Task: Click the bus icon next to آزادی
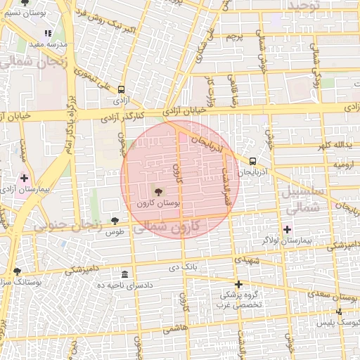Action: pyautogui.click(x=122, y=90)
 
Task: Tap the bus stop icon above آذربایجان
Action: pyautogui.click(x=252, y=160)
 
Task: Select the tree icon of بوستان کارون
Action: pyautogui.click(x=157, y=191)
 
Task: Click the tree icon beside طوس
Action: pyautogui.click(x=115, y=221)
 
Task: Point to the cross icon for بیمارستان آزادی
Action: pyautogui.click(x=25, y=179)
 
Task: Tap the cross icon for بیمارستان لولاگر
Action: pyautogui.click(x=287, y=229)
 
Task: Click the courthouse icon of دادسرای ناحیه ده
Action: pyautogui.click(x=125, y=274)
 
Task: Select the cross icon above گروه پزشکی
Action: pyautogui.click(x=239, y=284)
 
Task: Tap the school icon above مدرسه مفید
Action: pyautogui.click(x=48, y=33)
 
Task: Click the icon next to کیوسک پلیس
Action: pyautogui.click(x=340, y=311)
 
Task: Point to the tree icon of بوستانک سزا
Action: pyautogui.click(x=16, y=271)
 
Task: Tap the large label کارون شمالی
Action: pyautogui.click(x=166, y=226)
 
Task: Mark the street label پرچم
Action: pyautogui.click(x=236, y=36)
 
